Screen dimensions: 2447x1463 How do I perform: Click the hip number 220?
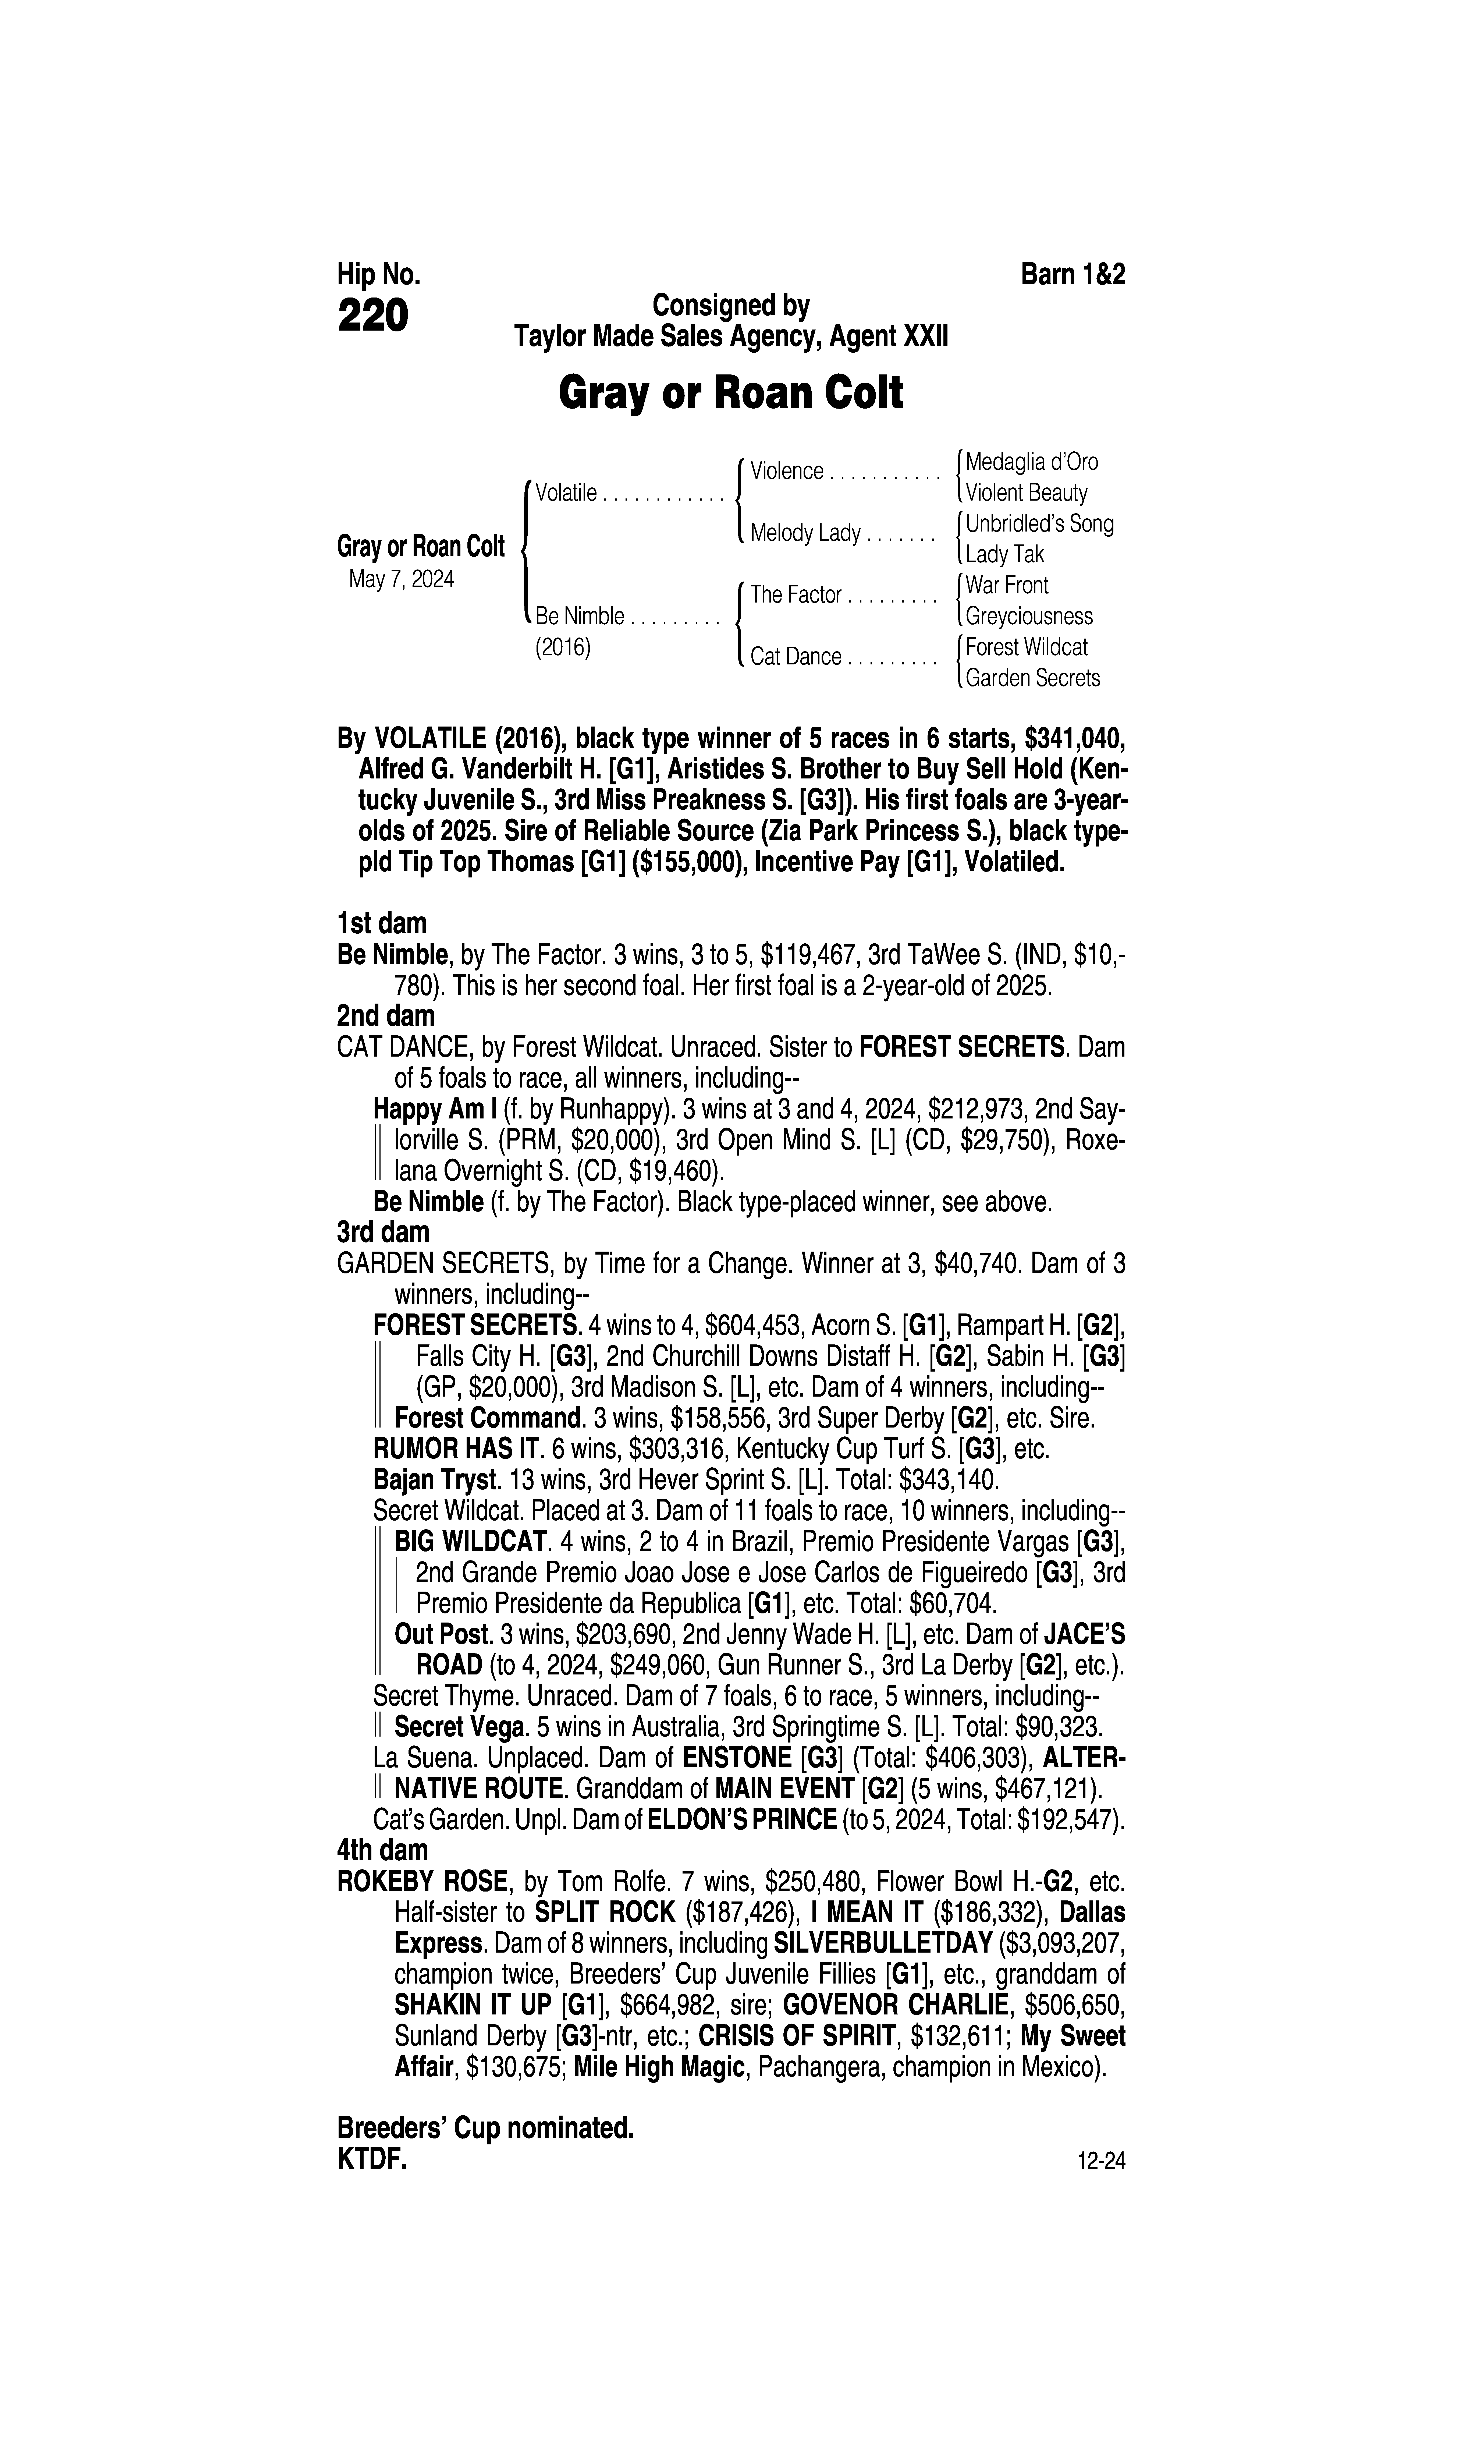pyautogui.click(x=373, y=317)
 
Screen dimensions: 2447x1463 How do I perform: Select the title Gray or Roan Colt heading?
pyautogui.click(x=730, y=393)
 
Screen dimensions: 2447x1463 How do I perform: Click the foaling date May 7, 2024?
pyautogui.click(x=401, y=580)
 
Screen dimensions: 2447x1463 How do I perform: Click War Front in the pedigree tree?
pyautogui.click(x=1007, y=586)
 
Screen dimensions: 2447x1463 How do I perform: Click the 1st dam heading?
pyautogui.click(x=382, y=924)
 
